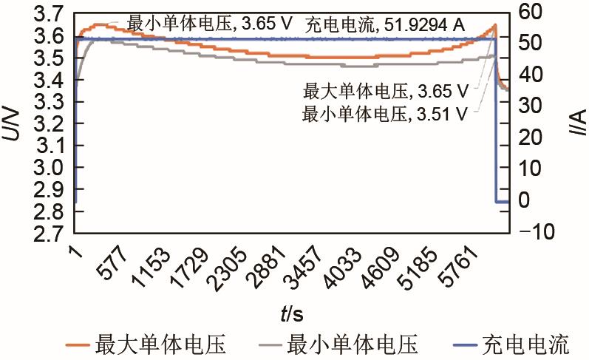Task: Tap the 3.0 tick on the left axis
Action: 51,168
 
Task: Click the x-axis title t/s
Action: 290,315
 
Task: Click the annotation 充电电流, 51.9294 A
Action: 385,25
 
